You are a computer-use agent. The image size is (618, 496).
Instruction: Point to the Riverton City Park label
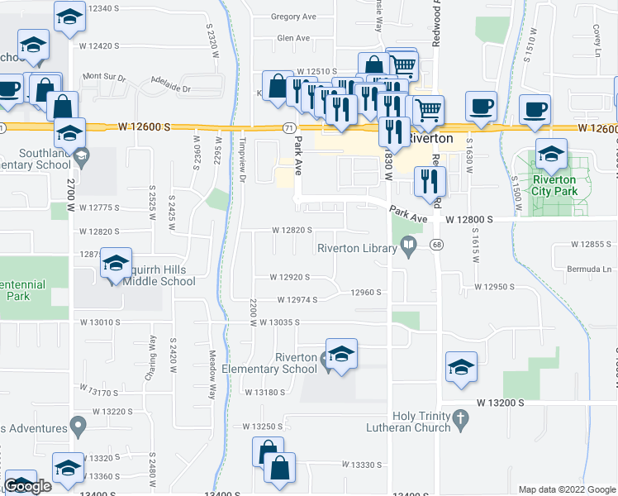pyautogui.click(x=553, y=184)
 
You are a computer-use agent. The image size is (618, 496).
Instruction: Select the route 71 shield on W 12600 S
pyautogui.click(x=288, y=128)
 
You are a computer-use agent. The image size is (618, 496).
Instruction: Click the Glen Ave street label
pyautogui.click(x=293, y=38)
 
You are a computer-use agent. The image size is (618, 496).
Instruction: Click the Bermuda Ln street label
pyautogui.click(x=594, y=269)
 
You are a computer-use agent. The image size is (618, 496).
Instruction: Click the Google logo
pyautogui.click(x=27, y=486)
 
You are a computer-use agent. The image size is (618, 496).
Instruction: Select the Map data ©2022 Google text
pyautogui.click(x=566, y=489)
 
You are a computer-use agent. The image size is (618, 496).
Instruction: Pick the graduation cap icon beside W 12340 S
pyautogui.click(x=70, y=16)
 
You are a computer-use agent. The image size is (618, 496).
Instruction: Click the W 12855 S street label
pyautogui.click(x=594, y=246)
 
